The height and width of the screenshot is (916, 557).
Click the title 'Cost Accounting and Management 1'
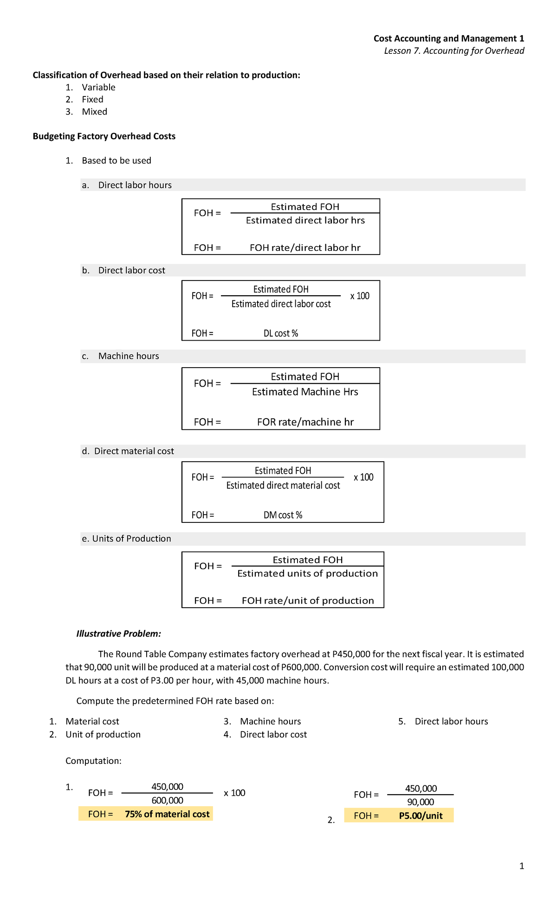click(448, 38)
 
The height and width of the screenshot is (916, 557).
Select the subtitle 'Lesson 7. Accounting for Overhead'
click(454, 51)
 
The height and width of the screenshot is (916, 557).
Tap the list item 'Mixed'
click(94, 112)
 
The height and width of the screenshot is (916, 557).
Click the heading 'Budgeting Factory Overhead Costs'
click(104, 136)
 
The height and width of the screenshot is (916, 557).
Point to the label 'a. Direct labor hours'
click(126, 185)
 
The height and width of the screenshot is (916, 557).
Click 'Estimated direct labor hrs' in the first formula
click(305, 221)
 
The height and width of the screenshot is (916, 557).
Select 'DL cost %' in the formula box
click(281, 333)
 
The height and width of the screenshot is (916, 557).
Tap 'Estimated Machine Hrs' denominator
click(305, 392)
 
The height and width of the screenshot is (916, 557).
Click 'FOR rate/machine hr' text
click(305, 422)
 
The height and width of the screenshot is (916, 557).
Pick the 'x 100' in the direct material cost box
click(363, 477)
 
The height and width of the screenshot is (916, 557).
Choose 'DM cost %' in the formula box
click(283, 515)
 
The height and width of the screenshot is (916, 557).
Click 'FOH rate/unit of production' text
click(308, 601)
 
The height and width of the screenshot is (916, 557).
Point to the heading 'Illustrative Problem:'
click(119, 634)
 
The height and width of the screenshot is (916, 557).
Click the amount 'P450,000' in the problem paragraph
click(351, 654)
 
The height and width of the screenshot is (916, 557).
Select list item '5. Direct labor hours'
click(451, 721)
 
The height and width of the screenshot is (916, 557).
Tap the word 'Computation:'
click(93, 761)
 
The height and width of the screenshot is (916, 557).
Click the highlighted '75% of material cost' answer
click(167, 814)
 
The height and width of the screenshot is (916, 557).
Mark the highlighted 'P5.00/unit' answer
click(421, 816)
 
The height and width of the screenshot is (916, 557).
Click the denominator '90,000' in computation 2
click(421, 802)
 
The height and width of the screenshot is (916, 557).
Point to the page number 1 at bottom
click(522, 866)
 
